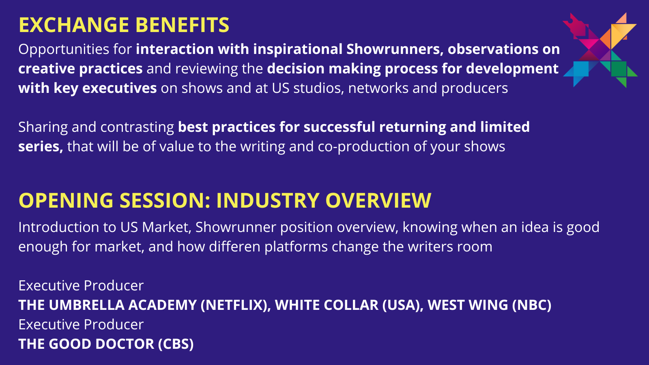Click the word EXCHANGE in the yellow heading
[x=73, y=25]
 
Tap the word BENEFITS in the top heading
[x=182, y=25]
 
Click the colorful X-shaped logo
[x=600, y=50]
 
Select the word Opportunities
[x=64, y=49]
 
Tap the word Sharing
[x=43, y=127]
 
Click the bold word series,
[x=41, y=146]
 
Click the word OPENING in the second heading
[x=66, y=200]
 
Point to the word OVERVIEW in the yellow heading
[x=378, y=200]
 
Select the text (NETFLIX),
[x=236, y=305]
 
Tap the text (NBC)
[x=532, y=305]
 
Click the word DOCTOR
[x=125, y=344]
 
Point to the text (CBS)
[x=176, y=344]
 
